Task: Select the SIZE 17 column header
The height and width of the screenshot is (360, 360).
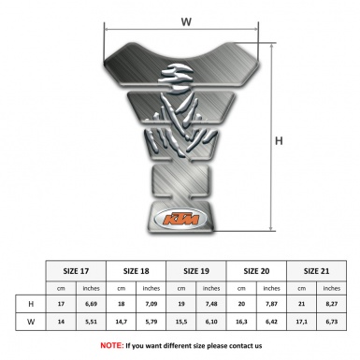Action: (77, 269)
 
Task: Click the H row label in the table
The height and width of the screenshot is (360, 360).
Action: (32, 304)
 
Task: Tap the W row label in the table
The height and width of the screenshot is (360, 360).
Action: (32, 323)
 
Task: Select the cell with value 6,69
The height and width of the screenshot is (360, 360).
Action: (92, 304)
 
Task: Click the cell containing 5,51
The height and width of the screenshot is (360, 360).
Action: (92, 323)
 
